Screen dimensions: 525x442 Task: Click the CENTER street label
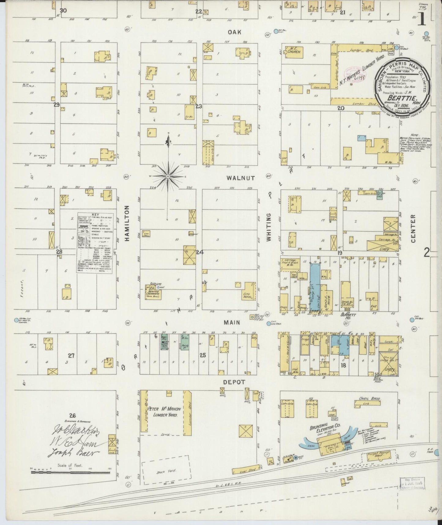(x=413, y=228)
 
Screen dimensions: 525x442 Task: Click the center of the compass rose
(x=168, y=177)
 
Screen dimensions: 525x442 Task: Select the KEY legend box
(x=95, y=243)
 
